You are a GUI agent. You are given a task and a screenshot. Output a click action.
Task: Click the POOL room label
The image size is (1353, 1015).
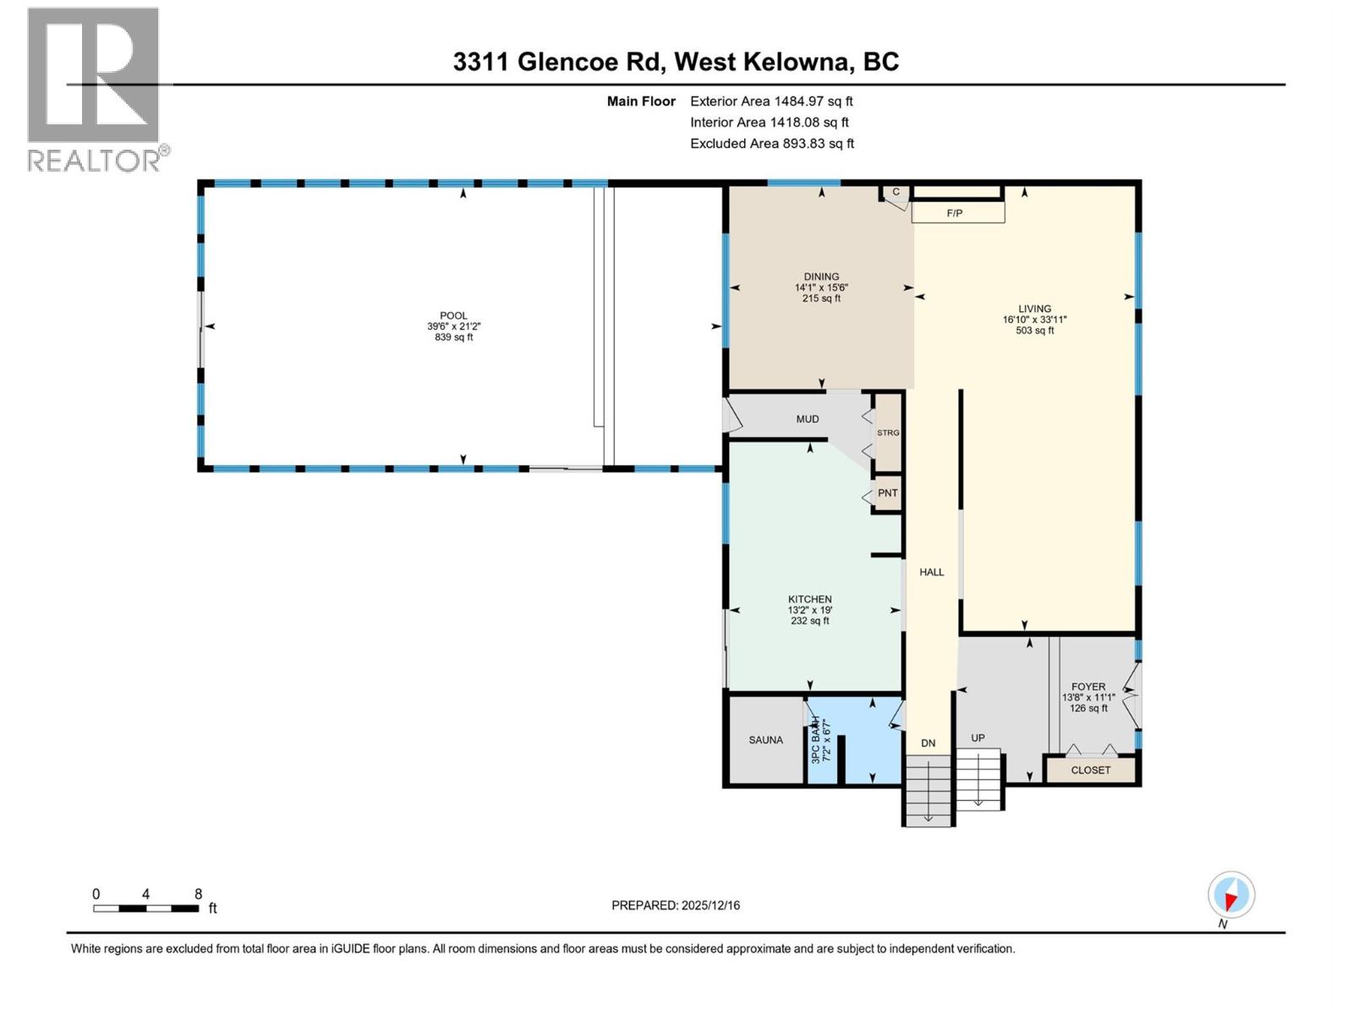pyautogui.click(x=453, y=316)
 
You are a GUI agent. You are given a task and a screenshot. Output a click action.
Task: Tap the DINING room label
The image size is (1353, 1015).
pyautogui.click(x=821, y=277)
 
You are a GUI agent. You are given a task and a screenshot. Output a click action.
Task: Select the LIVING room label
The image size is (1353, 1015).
pyautogui.click(x=1034, y=309)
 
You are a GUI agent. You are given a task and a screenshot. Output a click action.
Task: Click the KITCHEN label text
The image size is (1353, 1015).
pyautogui.click(x=809, y=599)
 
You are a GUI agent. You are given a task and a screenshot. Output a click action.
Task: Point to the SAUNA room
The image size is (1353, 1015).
pyautogui.click(x=765, y=740)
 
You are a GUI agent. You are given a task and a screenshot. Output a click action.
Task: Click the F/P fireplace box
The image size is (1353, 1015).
pyautogui.click(x=957, y=212)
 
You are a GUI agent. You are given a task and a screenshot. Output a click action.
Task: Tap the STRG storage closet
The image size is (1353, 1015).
pyautogui.click(x=888, y=432)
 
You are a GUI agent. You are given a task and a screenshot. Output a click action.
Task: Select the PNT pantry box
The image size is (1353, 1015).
pyautogui.click(x=887, y=493)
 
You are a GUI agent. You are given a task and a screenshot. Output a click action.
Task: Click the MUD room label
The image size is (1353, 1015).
pyautogui.click(x=807, y=419)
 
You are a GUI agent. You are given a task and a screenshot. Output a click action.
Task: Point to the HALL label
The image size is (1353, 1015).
pyautogui.click(x=931, y=572)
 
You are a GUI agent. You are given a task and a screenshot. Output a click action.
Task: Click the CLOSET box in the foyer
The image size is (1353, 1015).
pyautogui.click(x=1090, y=770)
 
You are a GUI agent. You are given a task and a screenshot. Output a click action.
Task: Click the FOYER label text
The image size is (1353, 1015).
pyautogui.click(x=1087, y=687)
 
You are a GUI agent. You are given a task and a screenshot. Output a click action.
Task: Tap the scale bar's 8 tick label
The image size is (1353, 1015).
pyautogui.click(x=198, y=894)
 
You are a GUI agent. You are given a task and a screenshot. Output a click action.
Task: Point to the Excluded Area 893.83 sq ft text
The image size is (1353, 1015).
pyautogui.click(x=771, y=144)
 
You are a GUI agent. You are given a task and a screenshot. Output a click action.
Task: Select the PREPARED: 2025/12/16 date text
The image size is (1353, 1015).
pyautogui.click(x=675, y=905)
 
